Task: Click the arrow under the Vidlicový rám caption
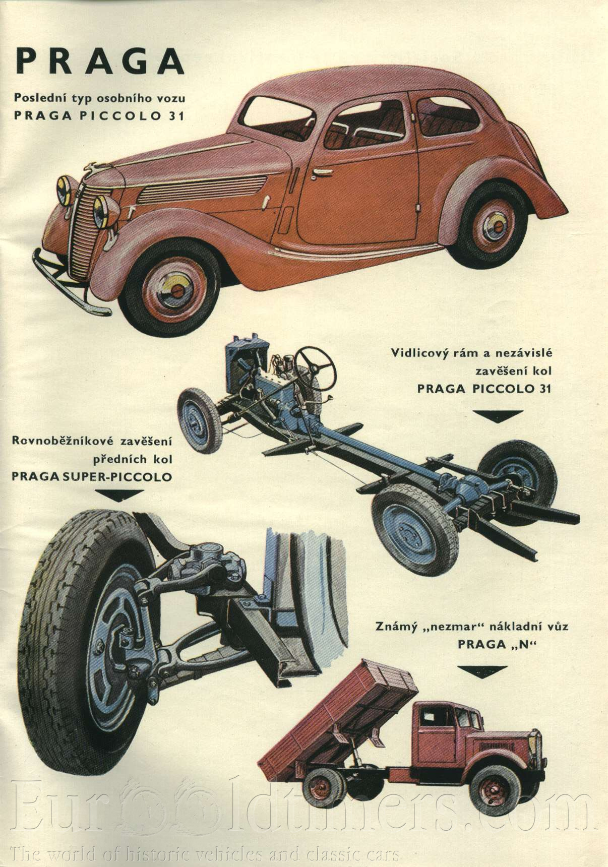[x=498, y=415]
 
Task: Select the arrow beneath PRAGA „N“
[x=482, y=671]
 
